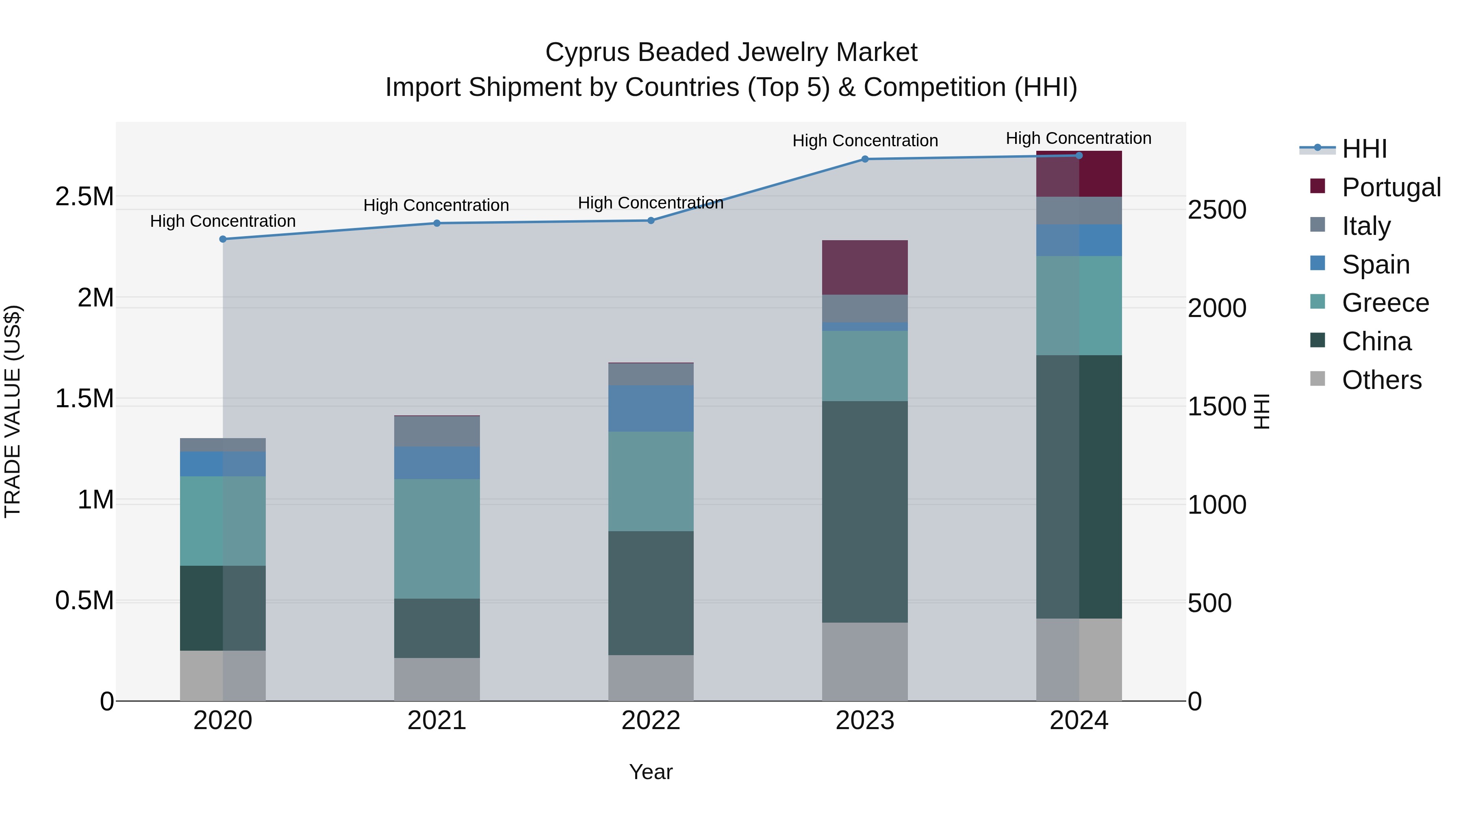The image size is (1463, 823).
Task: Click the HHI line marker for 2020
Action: click(x=223, y=239)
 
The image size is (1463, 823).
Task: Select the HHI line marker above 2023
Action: click(x=865, y=159)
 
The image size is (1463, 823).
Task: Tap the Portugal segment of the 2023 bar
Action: click(x=865, y=267)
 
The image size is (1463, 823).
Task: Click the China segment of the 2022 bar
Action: click(x=651, y=593)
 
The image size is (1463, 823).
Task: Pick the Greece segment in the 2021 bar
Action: click(x=437, y=539)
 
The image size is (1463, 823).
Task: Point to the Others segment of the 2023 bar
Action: click(x=865, y=661)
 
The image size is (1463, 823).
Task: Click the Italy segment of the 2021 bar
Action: click(x=437, y=431)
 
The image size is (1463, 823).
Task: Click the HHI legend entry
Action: click(x=1364, y=149)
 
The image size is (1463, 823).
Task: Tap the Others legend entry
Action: click(x=1381, y=380)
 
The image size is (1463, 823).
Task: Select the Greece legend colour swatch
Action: click(x=1318, y=302)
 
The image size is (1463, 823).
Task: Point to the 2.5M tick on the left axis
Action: click(x=84, y=197)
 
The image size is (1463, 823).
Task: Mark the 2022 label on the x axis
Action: click(x=651, y=720)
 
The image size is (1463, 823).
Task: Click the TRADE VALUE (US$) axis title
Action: click(x=13, y=411)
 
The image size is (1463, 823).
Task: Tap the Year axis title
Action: click(x=651, y=772)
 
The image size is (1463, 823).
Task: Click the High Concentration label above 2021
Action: click(x=436, y=205)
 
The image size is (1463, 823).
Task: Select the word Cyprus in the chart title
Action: click(x=587, y=52)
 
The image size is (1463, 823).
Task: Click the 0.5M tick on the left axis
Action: click(x=84, y=600)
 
